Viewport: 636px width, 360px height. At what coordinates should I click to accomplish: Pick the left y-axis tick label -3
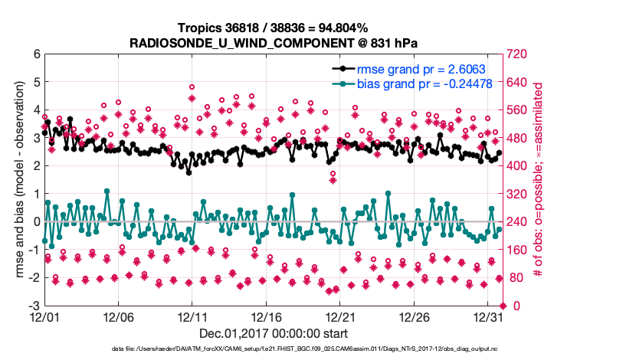pos(34,306)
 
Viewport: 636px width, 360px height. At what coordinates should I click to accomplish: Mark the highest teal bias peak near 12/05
pos(107,191)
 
